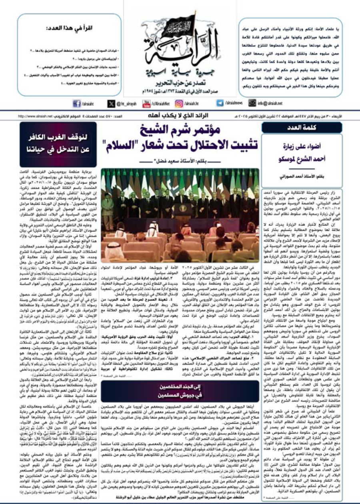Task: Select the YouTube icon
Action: (144, 103)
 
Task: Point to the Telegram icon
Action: (220, 103)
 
